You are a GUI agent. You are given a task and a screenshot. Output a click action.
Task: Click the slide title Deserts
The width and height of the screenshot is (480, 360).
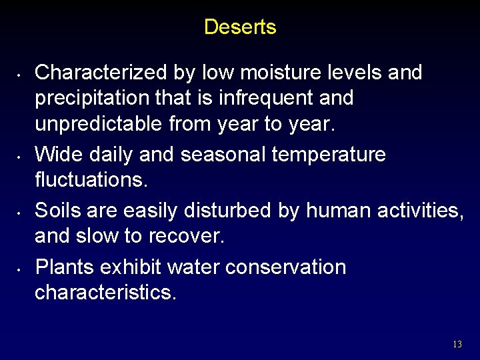[240, 27]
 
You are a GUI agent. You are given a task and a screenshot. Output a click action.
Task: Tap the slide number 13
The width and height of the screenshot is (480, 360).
[457, 344]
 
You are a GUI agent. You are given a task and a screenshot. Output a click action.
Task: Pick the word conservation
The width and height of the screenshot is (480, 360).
[285, 267]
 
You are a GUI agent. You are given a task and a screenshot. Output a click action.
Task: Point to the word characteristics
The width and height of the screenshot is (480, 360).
[105, 293]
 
